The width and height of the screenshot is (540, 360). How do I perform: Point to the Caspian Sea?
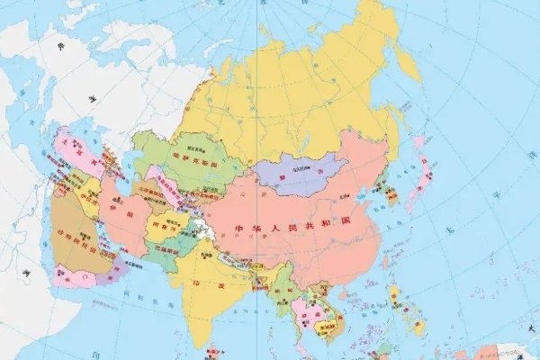[121, 166]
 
